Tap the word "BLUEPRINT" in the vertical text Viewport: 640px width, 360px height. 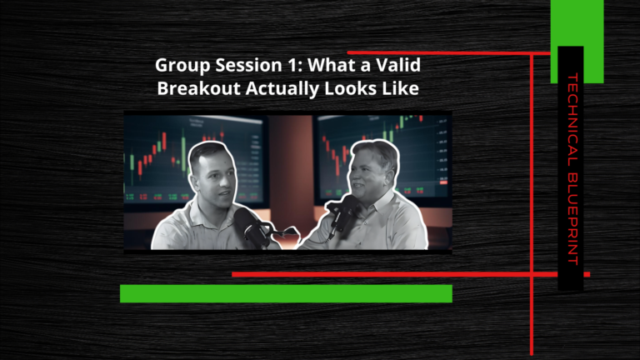click(572, 218)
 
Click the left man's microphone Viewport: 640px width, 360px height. click(250, 227)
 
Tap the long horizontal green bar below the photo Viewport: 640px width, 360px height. click(286, 293)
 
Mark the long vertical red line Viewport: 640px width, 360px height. click(532, 203)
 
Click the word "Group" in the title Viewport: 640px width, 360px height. click(182, 66)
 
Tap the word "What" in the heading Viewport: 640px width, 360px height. click(331, 65)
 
